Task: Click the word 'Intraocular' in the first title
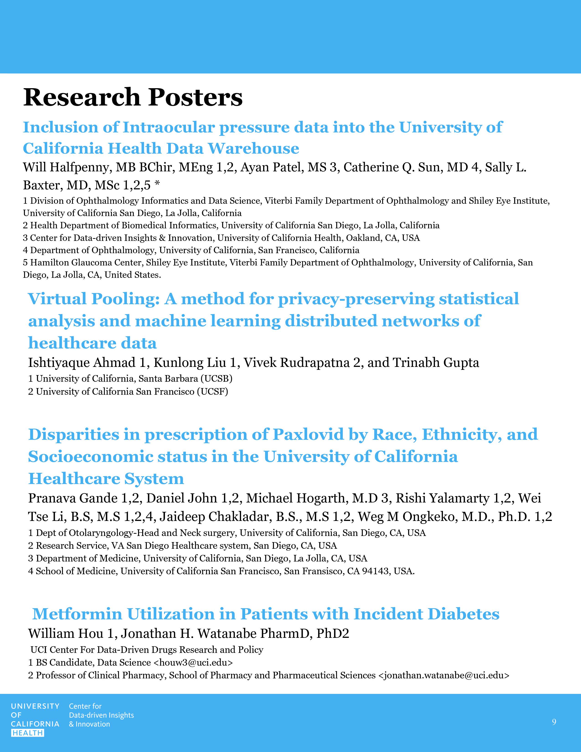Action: tap(169, 127)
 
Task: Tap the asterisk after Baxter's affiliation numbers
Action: tap(157, 185)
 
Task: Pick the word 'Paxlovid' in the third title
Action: tap(308, 435)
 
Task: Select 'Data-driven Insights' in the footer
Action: tap(101, 715)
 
